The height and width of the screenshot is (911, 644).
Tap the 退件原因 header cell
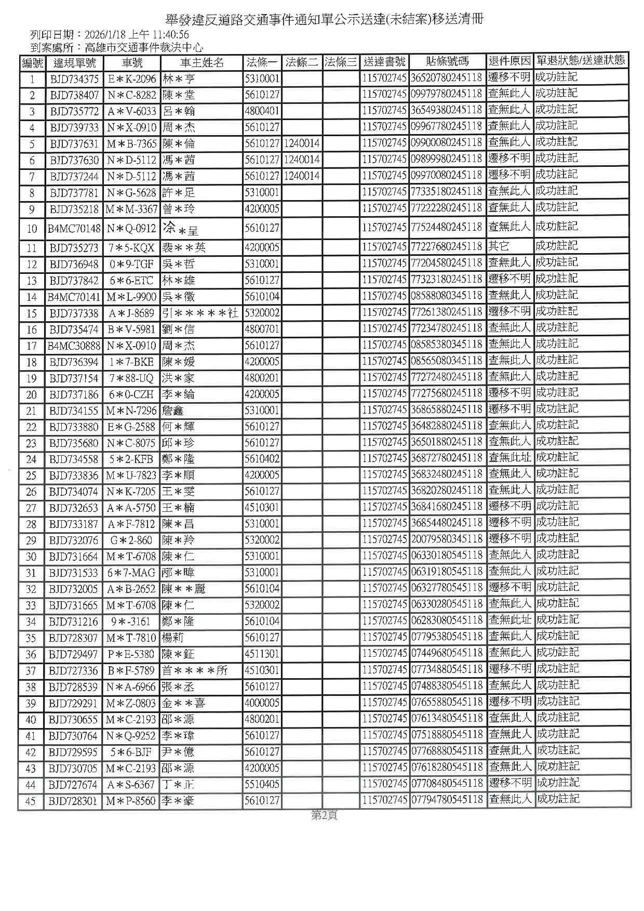509,61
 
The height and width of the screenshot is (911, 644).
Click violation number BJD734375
74,80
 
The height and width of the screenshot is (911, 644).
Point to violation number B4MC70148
74,229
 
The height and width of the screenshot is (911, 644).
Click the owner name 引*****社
200,313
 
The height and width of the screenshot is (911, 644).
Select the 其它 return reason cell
498,246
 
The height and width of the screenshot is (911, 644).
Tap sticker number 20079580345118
447,539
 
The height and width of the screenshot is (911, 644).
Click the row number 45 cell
31,801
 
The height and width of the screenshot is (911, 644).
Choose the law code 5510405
262,784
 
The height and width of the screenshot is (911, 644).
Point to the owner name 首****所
195,670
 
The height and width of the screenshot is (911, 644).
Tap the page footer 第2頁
324,815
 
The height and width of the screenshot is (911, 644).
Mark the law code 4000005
262,703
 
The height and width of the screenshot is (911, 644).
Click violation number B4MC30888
74,346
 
